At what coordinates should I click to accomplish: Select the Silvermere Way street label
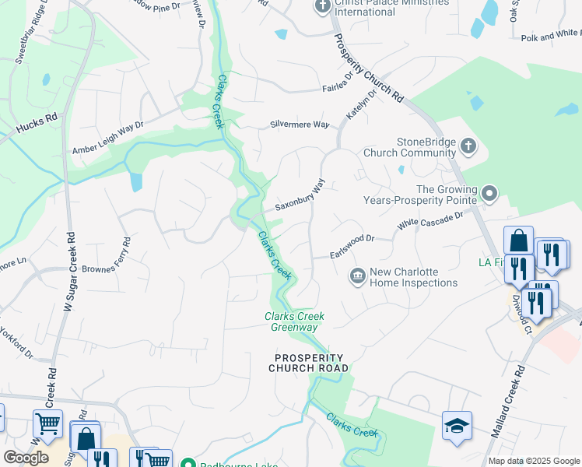pyautogui.click(x=300, y=124)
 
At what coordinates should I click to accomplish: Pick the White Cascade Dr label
pyautogui.click(x=429, y=219)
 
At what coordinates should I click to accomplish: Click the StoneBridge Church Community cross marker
pyautogui.click(x=468, y=146)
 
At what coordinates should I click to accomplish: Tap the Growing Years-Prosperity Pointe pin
pyautogui.click(x=489, y=192)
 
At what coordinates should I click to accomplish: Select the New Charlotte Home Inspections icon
pyautogui.click(x=357, y=276)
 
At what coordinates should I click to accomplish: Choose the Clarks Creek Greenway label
pyautogui.click(x=294, y=321)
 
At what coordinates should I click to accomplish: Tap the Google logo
pyautogui.click(x=26, y=458)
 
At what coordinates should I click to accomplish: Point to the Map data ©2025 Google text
pyautogui.click(x=533, y=461)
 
